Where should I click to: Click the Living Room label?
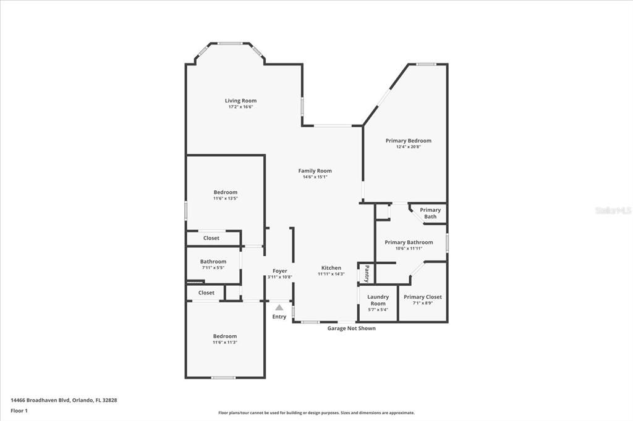(x=240, y=101)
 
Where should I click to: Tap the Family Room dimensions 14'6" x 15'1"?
(x=315, y=177)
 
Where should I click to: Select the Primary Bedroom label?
(x=408, y=141)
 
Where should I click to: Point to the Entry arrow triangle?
(x=279, y=307)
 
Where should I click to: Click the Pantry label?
(x=367, y=273)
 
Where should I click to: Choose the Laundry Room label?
(x=378, y=300)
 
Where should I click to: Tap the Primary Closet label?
(x=423, y=297)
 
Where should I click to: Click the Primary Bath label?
(x=430, y=213)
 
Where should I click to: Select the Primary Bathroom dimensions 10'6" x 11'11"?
(x=409, y=248)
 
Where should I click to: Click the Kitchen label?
(x=331, y=268)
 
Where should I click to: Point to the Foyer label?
(x=279, y=271)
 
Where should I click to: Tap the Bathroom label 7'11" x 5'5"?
(x=213, y=262)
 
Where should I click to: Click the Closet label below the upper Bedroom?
(x=211, y=238)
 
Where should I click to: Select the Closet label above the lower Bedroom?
(x=206, y=293)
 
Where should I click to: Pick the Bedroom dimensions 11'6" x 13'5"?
(x=225, y=198)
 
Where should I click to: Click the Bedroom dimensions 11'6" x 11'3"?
(x=225, y=342)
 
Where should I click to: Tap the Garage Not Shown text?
(x=351, y=328)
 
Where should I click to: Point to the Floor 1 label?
(x=19, y=411)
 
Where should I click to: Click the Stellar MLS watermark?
(x=613, y=210)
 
